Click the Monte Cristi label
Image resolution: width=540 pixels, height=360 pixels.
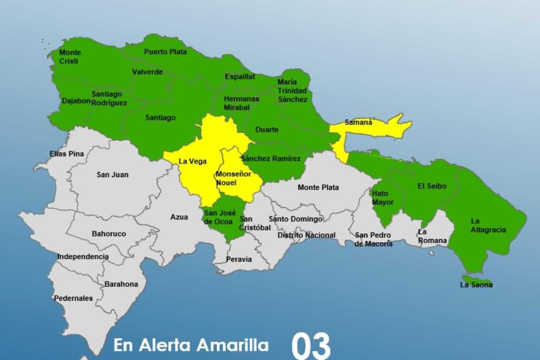pos(70,57)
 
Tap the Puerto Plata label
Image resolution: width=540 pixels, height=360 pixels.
pos(165,52)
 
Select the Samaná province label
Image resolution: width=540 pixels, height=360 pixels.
pos(358,123)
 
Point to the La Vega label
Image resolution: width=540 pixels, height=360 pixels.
pos(193,161)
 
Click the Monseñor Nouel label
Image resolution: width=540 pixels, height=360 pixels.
pos(233,178)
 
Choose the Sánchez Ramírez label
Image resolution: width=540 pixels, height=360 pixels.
pos(271,159)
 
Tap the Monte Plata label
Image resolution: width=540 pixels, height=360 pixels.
pos(318,187)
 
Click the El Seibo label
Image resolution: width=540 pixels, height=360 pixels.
pos(432,186)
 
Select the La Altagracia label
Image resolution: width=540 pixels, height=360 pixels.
pos(488,225)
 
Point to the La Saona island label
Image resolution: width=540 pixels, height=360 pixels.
pos(476,284)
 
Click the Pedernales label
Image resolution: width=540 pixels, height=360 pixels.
pos(73,298)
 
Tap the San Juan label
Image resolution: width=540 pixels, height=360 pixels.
pos(113,175)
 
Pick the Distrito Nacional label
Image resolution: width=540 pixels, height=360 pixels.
pos(306,235)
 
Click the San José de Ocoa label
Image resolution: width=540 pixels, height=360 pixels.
pos(220,217)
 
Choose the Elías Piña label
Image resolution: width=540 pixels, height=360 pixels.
pos(67,154)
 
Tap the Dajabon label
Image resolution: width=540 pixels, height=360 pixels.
pos(76,101)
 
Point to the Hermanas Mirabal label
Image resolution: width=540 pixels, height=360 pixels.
pos(241,103)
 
